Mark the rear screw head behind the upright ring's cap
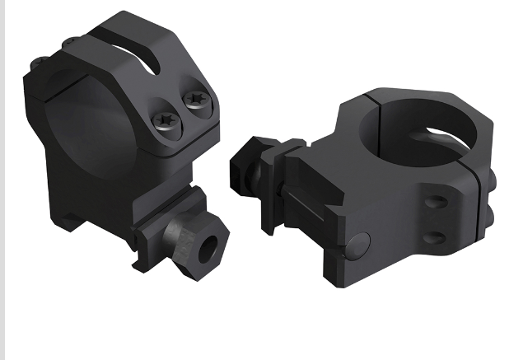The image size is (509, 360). coord(39,63)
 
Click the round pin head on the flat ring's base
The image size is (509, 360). coord(357,243)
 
